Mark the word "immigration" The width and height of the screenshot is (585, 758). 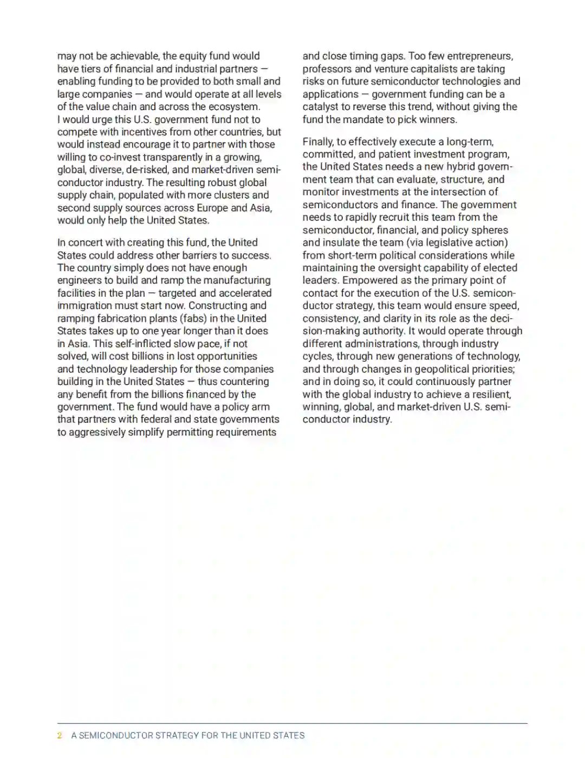point(83,306)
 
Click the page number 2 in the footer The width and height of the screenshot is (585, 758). point(60,735)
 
